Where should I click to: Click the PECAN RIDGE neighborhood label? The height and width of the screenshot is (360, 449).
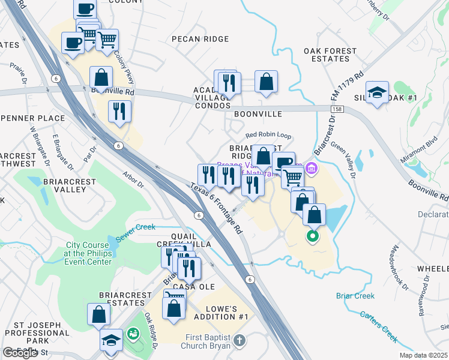200,39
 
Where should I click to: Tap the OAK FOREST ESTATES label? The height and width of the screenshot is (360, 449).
327,55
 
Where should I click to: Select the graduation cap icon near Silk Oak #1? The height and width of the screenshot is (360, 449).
377,92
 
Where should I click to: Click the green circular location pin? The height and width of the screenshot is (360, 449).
312,236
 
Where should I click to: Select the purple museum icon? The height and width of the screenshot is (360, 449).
311,167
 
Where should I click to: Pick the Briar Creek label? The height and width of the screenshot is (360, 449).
355,296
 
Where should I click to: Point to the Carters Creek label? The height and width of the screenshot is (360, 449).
378,327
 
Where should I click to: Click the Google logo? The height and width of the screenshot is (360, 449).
20,352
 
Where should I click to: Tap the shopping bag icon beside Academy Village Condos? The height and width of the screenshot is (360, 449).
266,82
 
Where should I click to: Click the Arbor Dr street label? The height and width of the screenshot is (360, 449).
134,180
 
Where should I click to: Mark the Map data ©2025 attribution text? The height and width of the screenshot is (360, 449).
424,355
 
